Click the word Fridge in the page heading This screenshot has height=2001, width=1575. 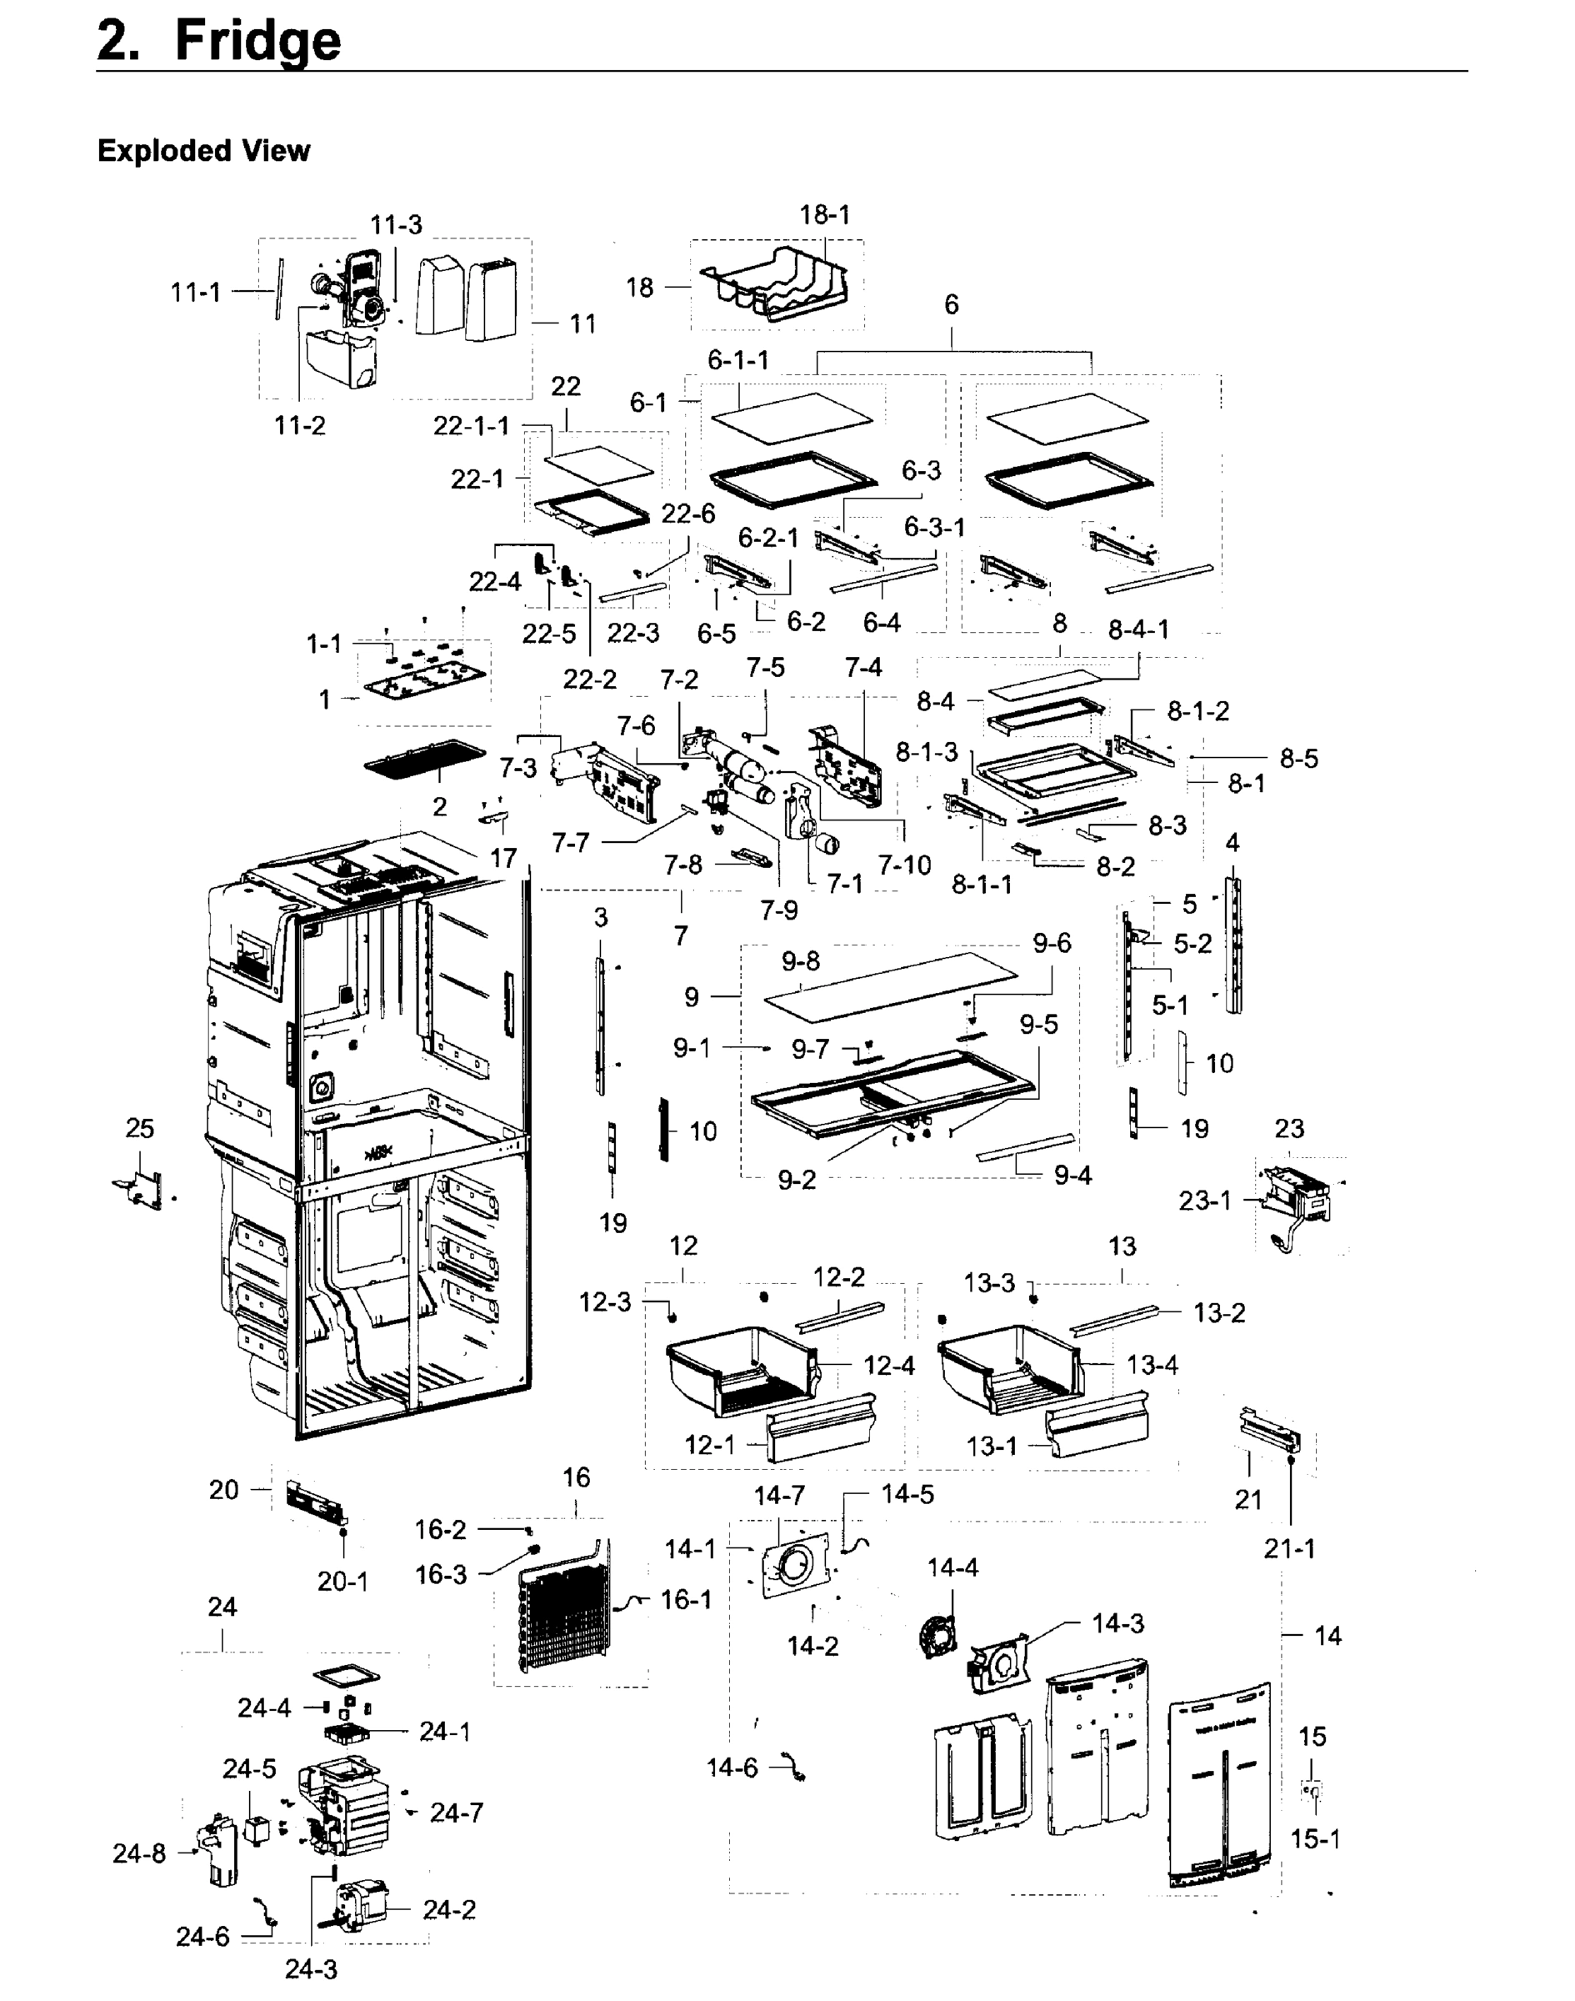coord(257,42)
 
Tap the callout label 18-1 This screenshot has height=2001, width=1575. coord(824,215)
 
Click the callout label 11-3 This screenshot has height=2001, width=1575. coord(396,225)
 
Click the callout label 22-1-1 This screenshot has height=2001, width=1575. coord(471,425)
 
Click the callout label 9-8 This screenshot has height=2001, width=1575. coord(800,961)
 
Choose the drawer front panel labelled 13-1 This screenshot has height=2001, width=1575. coord(1097,1427)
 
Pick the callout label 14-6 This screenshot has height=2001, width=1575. coord(732,1768)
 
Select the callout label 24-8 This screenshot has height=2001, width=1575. coord(139,1853)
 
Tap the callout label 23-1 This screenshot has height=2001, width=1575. coord(1204,1201)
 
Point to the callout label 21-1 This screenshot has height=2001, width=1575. coord(1288,1549)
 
